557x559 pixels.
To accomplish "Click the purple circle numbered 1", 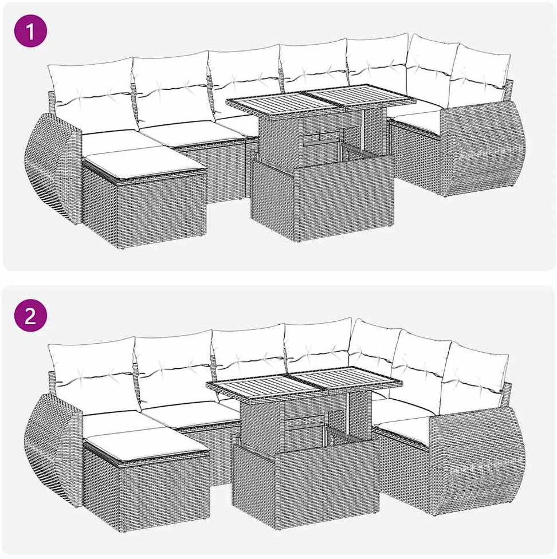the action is tap(31, 31).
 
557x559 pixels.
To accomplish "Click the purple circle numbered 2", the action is tap(31, 316).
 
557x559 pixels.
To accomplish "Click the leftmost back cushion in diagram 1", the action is tap(91, 96).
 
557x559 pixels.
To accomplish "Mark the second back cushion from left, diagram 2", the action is tap(174, 371).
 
